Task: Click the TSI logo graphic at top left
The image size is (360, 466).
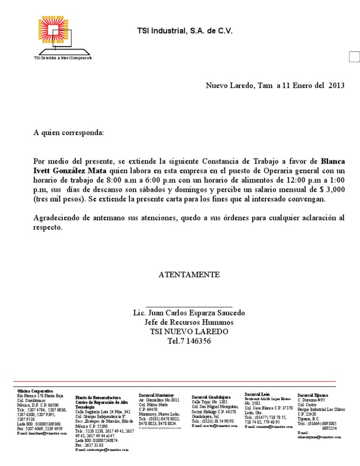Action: pos(62,37)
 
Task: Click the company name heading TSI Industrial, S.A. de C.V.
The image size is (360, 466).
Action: pos(184,31)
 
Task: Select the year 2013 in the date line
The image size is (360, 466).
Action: pos(336,85)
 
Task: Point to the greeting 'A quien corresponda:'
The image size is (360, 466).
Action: pos(68,133)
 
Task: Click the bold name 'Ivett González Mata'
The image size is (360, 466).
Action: pos(70,170)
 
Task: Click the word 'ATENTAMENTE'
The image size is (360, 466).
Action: pos(189,274)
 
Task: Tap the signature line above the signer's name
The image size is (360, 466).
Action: pos(189,306)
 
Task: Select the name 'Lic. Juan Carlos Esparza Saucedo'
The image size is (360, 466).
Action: pos(189,313)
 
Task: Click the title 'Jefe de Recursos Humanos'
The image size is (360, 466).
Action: pos(189,323)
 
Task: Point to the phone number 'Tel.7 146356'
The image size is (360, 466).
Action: pos(189,341)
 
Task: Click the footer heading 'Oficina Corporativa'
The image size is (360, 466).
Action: pos(35,391)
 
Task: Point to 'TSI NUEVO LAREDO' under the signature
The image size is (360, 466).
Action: pos(189,332)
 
